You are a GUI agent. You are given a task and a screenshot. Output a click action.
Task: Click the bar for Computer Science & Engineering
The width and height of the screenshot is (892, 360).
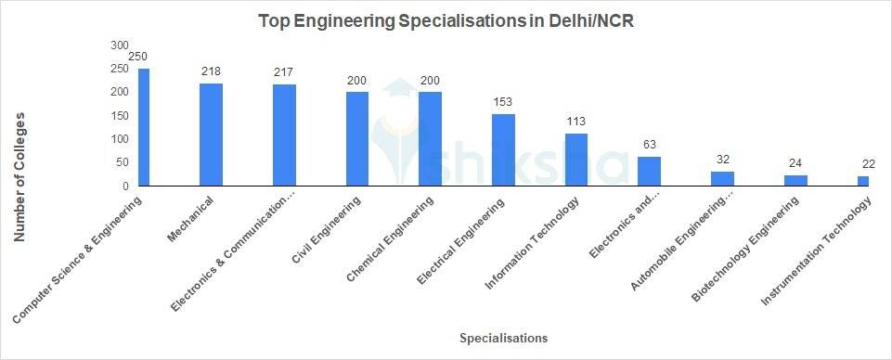pos(144,127)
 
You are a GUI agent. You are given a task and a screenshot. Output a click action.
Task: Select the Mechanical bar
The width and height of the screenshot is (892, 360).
pos(211,135)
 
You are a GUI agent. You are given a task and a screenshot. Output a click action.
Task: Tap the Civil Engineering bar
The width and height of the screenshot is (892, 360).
pos(357,139)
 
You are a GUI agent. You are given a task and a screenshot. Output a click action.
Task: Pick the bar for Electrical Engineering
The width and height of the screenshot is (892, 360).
pos(503,150)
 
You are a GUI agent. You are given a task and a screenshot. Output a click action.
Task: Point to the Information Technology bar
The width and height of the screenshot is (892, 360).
pos(576,160)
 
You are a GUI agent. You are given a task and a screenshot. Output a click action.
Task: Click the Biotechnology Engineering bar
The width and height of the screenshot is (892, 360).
pos(795,181)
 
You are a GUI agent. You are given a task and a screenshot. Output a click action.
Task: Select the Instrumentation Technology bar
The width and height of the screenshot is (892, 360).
pos(863,181)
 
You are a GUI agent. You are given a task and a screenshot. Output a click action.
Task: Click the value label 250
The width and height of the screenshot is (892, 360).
pos(137,58)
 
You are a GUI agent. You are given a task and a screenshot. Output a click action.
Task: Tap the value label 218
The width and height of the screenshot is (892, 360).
pos(211,71)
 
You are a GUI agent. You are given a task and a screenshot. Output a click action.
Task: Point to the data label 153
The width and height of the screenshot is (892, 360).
pos(503,102)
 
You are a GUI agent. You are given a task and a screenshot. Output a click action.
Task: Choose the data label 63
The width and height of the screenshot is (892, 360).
pos(650,144)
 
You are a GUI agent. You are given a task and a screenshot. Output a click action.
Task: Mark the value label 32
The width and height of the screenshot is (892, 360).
pos(722,159)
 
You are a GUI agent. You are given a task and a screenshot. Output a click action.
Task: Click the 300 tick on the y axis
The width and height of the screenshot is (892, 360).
pos(120,45)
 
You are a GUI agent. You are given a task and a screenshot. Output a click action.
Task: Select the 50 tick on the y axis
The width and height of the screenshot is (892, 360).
pos(123,162)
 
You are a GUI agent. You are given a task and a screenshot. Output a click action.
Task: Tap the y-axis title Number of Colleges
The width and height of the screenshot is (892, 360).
pos(19,176)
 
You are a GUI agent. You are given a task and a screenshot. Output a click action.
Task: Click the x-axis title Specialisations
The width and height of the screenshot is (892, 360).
pos(503,338)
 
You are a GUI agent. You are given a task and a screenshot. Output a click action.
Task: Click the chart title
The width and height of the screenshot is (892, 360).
pos(446,21)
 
